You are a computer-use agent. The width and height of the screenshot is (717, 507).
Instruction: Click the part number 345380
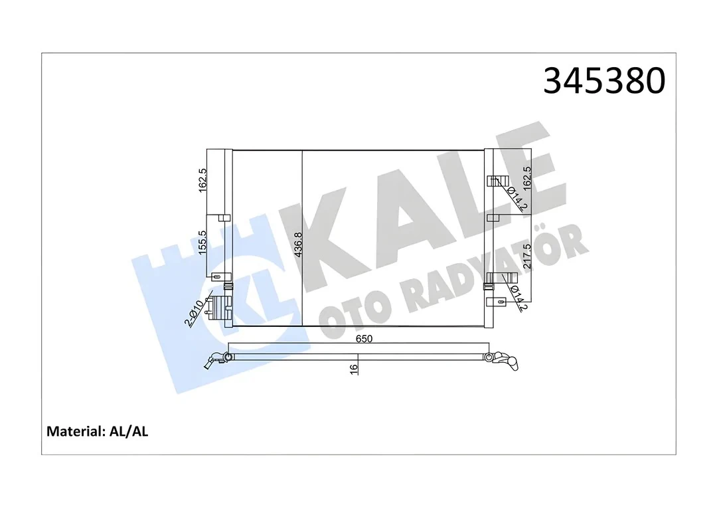coord(604,81)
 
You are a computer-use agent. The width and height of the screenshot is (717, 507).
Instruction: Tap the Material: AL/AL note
coord(98,431)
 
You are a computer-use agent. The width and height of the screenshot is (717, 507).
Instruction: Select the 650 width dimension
coord(363,339)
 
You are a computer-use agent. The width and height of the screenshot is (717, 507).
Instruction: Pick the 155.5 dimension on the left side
coord(203,244)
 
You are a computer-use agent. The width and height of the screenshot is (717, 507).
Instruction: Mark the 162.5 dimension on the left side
coord(203,180)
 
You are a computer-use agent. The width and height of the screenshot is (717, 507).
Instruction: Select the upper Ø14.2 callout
coord(518,198)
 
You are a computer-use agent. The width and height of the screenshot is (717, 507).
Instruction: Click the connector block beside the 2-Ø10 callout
coord(219,306)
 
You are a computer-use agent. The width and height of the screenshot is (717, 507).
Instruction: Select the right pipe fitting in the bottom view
coord(507,360)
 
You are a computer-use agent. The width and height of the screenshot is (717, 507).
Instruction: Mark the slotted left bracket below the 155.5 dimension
coord(222,276)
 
